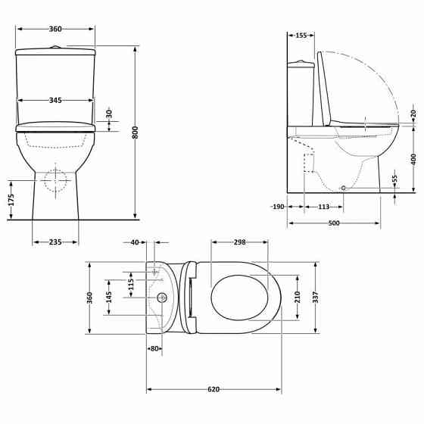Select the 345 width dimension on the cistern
(x=55, y=100)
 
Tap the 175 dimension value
(x=11, y=201)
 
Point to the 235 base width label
(x=55, y=242)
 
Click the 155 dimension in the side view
(x=301, y=36)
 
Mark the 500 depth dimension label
(x=334, y=223)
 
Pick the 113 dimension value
(x=323, y=207)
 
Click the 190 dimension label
(x=277, y=207)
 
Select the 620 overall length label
(x=214, y=389)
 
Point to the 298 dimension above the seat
(x=239, y=242)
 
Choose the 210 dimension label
(x=297, y=296)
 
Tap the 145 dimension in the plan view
(x=109, y=297)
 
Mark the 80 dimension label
(x=154, y=349)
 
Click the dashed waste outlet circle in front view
(x=55, y=180)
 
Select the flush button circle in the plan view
(x=161, y=298)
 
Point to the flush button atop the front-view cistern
(x=55, y=47)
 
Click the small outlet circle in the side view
(x=343, y=188)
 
